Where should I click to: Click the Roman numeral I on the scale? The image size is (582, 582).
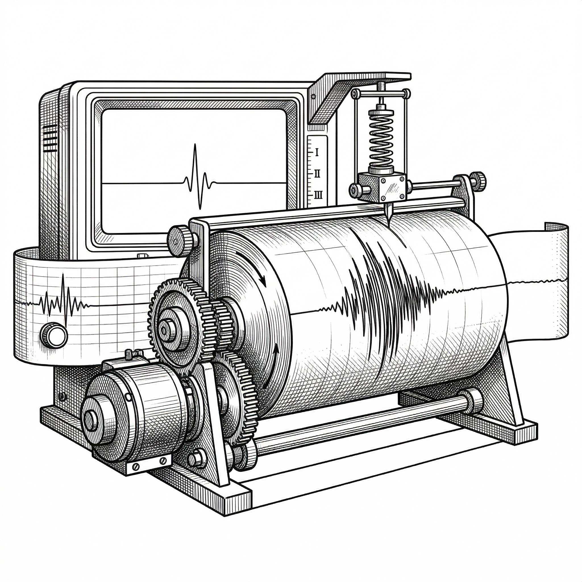coord(317,152)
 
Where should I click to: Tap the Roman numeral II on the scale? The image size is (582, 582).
coord(317,174)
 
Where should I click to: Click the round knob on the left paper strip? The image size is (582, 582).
coord(54,334)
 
